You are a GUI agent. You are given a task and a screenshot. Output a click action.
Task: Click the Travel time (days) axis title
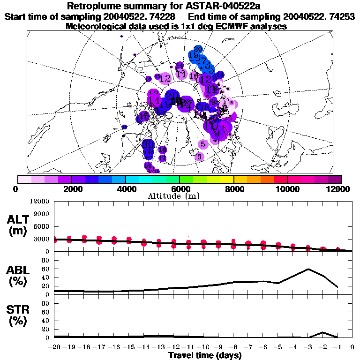pyautogui.click(x=204, y=355)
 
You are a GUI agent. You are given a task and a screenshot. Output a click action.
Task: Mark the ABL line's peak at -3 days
pyautogui.click(x=308, y=269)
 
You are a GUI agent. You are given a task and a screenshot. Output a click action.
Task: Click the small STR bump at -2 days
pyautogui.click(x=322, y=333)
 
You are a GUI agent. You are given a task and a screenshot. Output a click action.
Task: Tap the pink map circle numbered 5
pyautogui.click(x=203, y=144)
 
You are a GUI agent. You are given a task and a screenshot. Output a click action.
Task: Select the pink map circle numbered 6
pyautogui.click(x=199, y=157)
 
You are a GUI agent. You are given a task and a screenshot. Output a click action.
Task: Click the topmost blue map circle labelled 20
pyautogui.click(x=198, y=49)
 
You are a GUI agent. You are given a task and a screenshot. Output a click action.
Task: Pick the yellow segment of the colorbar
pyautogui.click(x=227, y=179)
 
